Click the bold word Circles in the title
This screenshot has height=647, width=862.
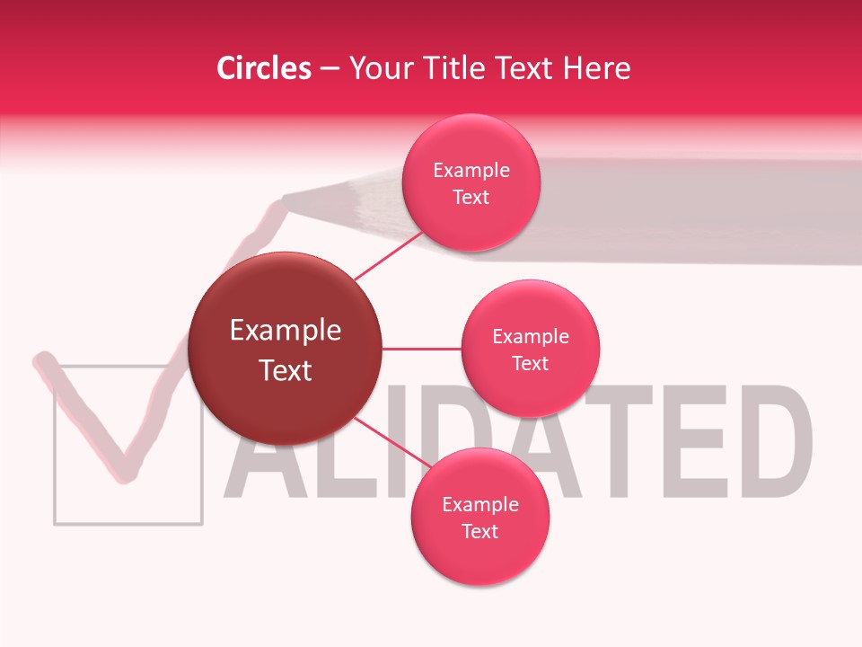tap(263, 68)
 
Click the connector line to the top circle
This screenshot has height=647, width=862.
tap(388, 254)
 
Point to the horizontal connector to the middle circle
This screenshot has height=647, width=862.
tap(421, 349)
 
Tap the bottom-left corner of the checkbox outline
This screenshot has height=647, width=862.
tap(56, 522)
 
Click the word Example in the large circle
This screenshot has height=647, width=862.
tap(286, 331)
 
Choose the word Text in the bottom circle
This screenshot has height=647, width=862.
tap(479, 531)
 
